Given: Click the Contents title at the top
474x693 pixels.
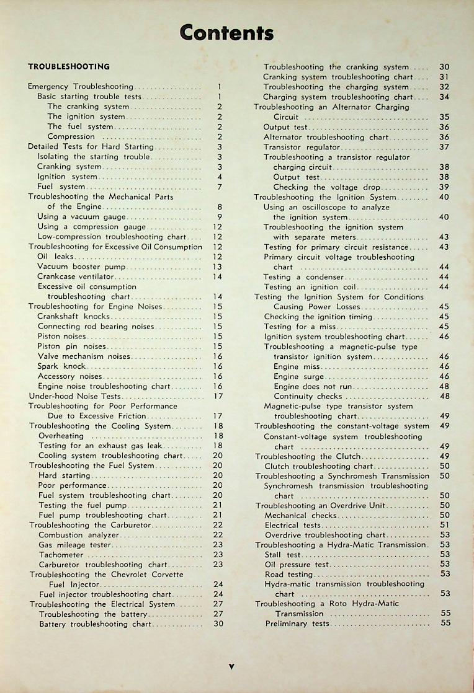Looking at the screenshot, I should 226,32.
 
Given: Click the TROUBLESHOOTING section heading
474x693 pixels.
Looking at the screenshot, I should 69,66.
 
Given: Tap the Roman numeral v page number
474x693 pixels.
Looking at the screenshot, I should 231,666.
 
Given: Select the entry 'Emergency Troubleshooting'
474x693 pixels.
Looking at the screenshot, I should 81,87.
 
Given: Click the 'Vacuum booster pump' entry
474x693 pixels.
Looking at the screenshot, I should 81,267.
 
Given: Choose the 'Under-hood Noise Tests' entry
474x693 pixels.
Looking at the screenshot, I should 74,396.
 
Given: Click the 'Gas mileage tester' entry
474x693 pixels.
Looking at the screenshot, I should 74,545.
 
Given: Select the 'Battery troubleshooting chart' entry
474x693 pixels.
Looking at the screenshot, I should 95,624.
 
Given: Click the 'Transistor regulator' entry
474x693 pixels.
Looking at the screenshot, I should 302,147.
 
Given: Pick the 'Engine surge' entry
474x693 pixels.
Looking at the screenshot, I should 298,376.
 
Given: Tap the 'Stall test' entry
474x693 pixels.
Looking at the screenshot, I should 282,555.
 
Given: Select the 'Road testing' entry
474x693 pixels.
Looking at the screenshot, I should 288,575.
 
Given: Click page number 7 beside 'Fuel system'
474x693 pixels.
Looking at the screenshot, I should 220,187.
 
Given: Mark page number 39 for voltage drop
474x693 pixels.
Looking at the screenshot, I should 444,187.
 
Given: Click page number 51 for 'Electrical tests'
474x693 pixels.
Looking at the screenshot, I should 444,525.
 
